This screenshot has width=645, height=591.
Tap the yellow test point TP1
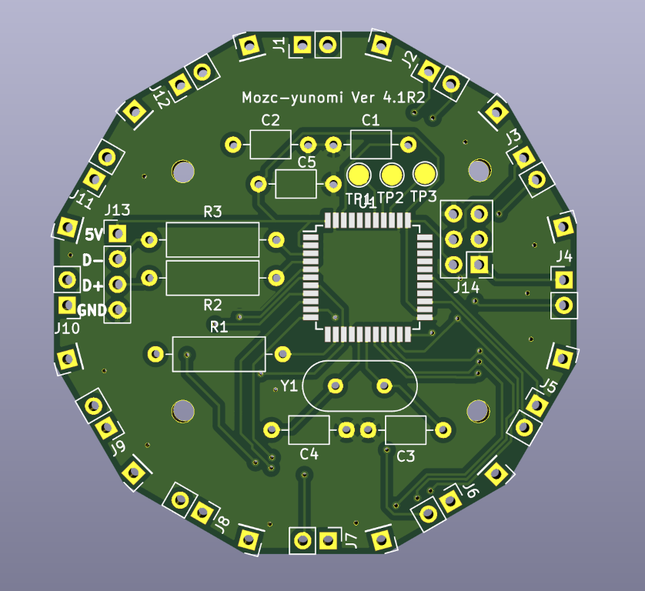point(358,175)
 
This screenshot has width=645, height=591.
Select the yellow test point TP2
point(391,175)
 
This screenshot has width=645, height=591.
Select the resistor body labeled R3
point(212,240)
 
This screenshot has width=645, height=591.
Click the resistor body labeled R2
point(212,277)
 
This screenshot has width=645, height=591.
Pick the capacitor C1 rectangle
point(370,144)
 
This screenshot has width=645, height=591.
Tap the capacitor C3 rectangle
point(406,429)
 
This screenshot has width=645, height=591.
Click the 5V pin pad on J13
point(117,233)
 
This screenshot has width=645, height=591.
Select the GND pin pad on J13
point(117,310)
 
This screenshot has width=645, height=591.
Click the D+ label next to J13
point(92,285)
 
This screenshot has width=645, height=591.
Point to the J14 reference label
point(466,287)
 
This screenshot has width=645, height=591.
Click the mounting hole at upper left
point(184,171)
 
